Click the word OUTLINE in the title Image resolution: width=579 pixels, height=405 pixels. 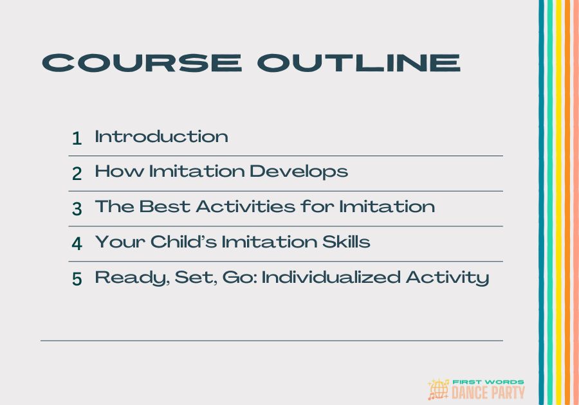click(358, 62)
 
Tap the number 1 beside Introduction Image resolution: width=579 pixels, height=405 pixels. click(77, 138)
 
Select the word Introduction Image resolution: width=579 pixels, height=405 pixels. click(161, 136)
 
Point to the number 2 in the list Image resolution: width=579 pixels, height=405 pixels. click(77, 174)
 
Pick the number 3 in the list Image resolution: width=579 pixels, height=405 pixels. click(77, 209)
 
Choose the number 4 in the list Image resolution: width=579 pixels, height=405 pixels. click(77, 244)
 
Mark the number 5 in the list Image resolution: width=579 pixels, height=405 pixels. click(77, 279)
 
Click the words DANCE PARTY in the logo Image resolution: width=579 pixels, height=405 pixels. click(489, 392)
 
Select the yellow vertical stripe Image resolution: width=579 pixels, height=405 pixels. click(558, 203)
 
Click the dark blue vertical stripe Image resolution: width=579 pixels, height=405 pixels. click(542, 203)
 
